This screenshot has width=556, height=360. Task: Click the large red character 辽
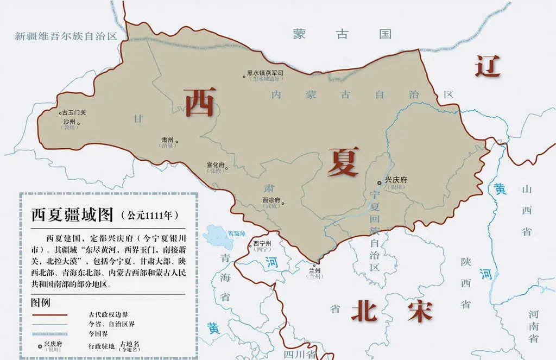pyautogui.click(x=487, y=66)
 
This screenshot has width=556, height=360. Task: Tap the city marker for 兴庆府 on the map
pyautogui.click(x=380, y=182)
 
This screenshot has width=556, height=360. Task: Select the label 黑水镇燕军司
pyautogui.click(x=265, y=72)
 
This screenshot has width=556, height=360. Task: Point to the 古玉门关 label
pyautogui.click(x=75, y=112)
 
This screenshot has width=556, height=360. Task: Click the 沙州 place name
pyautogui.click(x=69, y=122)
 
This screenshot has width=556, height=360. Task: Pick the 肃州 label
pyautogui.click(x=167, y=140)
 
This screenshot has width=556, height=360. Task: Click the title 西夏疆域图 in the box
pyautogui.click(x=72, y=215)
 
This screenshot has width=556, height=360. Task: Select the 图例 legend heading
pyautogui.click(x=42, y=302)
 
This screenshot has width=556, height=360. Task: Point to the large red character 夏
pyautogui.click(x=343, y=161)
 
